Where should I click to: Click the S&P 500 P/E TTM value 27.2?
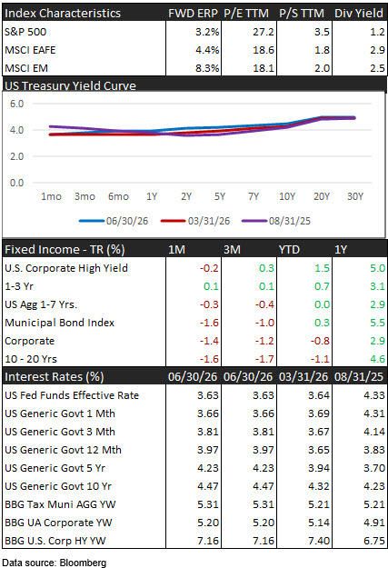point(264,32)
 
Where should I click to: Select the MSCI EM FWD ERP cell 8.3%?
point(207,68)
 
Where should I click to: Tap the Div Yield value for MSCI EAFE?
point(377,50)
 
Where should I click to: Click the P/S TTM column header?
point(302,13)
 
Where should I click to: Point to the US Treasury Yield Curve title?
point(70,85)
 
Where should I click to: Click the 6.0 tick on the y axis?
point(16,104)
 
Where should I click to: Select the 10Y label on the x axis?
point(287,196)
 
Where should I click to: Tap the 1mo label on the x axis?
point(51,196)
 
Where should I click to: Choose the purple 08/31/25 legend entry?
point(276,221)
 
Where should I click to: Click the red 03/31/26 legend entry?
point(195,221)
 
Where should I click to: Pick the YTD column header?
point(289,250)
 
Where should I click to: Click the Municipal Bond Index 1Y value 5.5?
point(377,323)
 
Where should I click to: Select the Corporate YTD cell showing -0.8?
point(320,341)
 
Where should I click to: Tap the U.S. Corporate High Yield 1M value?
point(209,268)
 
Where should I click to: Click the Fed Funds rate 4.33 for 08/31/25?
point(374,395)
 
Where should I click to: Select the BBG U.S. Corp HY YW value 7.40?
point(319,541)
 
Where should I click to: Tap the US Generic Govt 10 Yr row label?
point(58,486)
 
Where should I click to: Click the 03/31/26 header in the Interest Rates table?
point(303,377)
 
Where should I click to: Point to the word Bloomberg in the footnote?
point(83,563)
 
